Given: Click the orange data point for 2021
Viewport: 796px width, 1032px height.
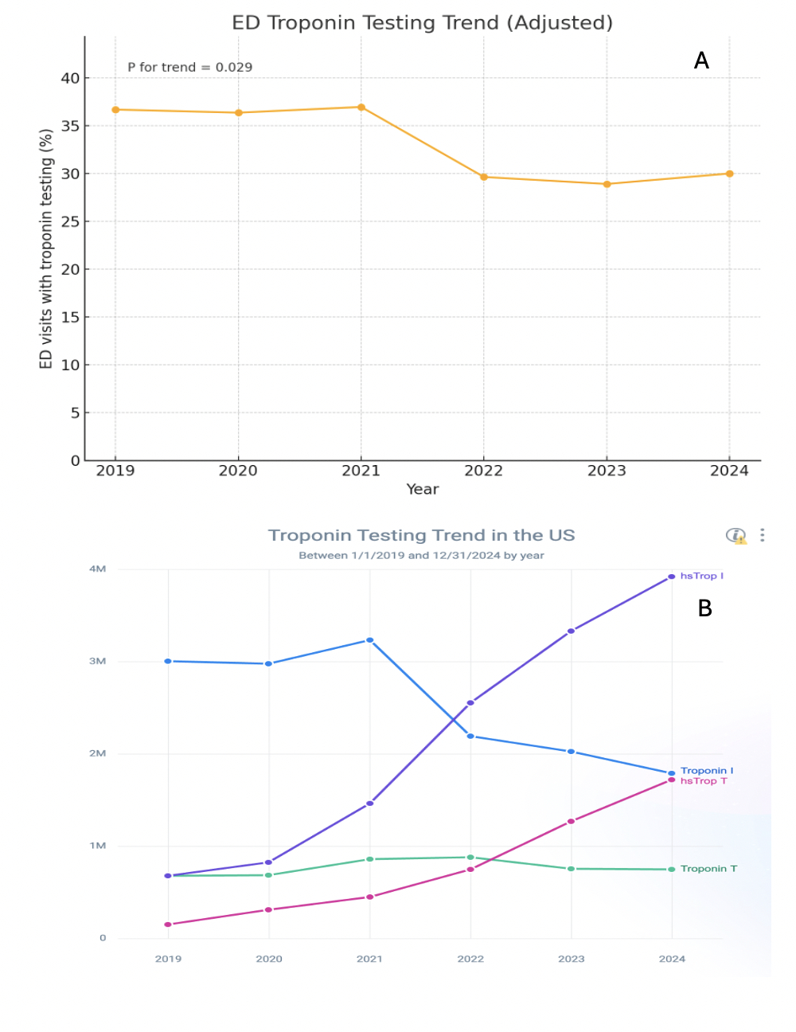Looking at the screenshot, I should (361, 107).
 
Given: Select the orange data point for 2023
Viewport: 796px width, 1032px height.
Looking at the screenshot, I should (607, 184).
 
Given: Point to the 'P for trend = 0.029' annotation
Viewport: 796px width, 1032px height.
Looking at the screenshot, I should (190, 68).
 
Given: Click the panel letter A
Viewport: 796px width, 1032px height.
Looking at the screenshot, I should (701, 61).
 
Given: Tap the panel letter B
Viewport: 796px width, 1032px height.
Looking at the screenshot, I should (704, 608).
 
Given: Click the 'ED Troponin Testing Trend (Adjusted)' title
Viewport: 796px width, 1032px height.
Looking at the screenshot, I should (422, 22).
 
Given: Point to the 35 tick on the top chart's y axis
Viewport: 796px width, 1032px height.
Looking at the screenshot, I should (71, 126).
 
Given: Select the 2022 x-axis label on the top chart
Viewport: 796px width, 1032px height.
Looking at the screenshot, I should (484, 471).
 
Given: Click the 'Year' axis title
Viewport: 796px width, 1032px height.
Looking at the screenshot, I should (422, 489).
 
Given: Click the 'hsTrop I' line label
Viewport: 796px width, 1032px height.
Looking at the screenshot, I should (702, 576).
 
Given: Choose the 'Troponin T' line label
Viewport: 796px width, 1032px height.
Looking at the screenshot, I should (708, 869).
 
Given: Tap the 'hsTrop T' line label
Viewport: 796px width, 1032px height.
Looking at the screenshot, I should (704, 781).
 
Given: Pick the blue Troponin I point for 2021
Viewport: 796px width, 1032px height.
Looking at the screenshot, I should (370, 640).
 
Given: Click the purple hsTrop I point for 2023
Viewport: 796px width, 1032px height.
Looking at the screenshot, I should (571, 631).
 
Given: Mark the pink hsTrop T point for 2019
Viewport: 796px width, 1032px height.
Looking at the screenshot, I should (168, 924).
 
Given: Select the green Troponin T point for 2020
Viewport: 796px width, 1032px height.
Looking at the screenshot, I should (269, 875).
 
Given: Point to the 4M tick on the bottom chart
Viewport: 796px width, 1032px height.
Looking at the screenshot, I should (97, 569).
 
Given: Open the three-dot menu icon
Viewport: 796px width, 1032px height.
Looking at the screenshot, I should (763, 535).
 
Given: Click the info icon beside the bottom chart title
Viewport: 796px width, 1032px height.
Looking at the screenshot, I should (736, 535).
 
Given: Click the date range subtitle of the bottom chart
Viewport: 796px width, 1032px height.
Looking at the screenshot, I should (421, 556).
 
